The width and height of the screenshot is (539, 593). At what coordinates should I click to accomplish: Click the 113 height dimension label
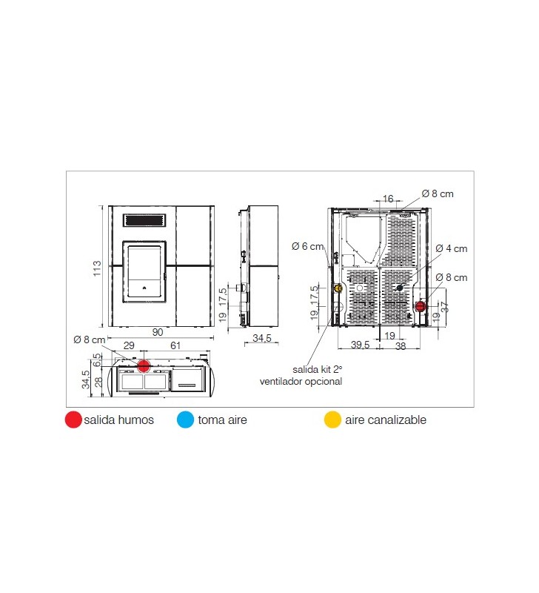pos(97,268)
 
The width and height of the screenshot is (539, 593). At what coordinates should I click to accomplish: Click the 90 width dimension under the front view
pos(158,332)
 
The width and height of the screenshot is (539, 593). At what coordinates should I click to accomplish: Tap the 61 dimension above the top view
pos(175,345)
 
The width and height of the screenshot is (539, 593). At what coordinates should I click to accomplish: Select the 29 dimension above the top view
pos(129,345)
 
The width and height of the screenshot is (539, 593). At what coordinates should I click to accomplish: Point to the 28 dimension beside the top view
pos(98,382)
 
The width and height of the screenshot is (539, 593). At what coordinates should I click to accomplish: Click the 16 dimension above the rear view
pos(388,199)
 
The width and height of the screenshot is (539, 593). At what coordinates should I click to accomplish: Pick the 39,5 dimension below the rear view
pos(361,345)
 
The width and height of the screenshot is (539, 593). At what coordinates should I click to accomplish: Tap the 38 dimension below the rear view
pos(401,345)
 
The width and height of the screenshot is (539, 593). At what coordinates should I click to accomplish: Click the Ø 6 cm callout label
pos(308,247)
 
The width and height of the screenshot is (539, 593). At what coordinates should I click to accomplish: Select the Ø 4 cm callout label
pos(452,248)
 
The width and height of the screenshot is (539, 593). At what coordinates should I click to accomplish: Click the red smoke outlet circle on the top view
pos(144,365)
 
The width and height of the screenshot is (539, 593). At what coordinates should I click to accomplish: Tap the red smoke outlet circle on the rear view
pos(421,305)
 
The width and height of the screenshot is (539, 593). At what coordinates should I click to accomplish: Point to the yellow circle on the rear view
pos(338,288)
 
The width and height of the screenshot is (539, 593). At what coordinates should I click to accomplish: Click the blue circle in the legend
pos(185,420)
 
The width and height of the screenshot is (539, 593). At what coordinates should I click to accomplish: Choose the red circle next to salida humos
pos(73,420)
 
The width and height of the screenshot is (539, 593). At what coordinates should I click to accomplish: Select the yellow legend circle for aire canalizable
pos(332,420)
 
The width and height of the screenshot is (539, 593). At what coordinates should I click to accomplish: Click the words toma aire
pos(222,420)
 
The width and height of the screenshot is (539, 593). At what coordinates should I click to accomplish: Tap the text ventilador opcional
pos(301,381)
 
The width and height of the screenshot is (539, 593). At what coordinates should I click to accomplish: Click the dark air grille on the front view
pos(144,220)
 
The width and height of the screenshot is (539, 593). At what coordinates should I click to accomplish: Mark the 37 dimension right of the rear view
pos(445,307)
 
